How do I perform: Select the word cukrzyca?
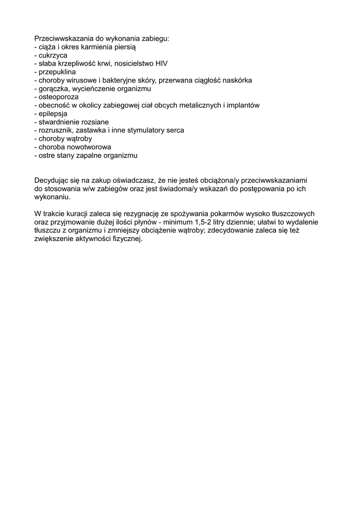pyautogui.click(x=53, y=55)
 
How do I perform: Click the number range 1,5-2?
pyautogui.click(x=228, y=222)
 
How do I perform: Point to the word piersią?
pyautogui.click(x=124, y=47)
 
